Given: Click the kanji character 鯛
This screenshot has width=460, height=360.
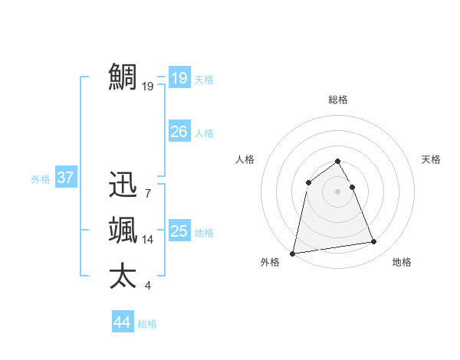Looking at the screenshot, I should [123, 77].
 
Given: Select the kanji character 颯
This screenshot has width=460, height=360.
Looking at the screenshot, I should [123, 230].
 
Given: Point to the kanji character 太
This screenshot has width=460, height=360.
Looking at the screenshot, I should [123, 276].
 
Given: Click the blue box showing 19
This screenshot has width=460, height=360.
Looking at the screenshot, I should [179, 77].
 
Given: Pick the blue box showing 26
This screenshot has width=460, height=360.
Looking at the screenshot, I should [179, 132].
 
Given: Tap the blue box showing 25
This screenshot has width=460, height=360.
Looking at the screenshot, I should [179, 231].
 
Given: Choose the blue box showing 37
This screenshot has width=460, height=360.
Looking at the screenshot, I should [65, 178].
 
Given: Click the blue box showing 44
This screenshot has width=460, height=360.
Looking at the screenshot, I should [122, 322].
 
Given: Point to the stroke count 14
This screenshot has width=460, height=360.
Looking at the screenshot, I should [148, 240].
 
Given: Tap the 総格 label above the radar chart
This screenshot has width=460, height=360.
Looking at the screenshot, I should [337, 100].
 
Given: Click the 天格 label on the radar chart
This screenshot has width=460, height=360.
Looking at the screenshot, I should [432, 159].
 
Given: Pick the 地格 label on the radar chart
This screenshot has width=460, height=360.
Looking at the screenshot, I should [402, 263].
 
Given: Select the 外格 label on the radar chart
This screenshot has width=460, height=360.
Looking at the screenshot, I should [270, 263].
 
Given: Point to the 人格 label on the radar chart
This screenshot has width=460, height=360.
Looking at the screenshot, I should [245, 159].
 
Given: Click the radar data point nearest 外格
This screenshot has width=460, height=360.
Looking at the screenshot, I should [293, 253].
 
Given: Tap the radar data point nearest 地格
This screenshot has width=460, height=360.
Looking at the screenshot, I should [374, 242].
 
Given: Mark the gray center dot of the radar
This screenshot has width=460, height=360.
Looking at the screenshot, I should [337, 191].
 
